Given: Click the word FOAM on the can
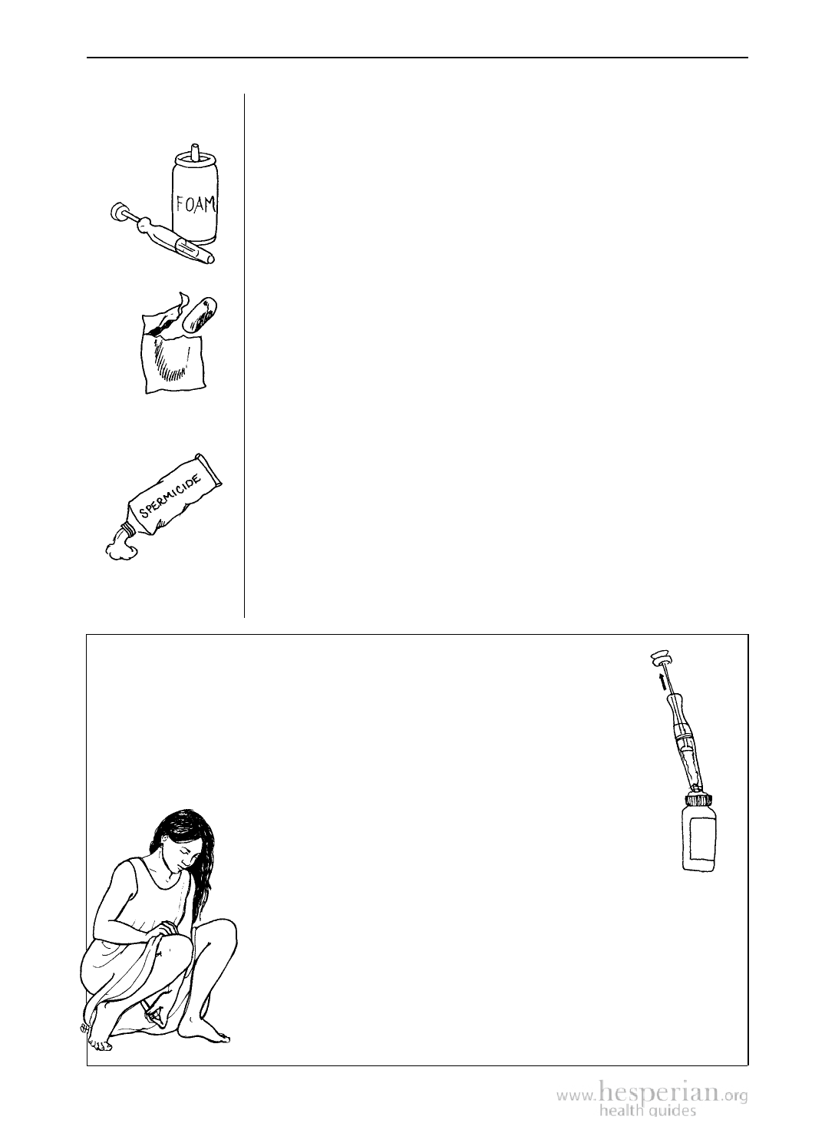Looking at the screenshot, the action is click(x=196, y=204).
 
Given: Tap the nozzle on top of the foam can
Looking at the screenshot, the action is click(x=194, y=151).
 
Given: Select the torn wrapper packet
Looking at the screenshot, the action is click(x=172, y=355).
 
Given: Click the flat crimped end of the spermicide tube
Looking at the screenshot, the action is click(x=210, y=469).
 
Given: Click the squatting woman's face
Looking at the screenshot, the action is click(x=181, y=855).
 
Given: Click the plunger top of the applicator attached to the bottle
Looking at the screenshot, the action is click(x=659, y=659).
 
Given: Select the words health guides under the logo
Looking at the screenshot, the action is click(x=648, y=1112).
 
